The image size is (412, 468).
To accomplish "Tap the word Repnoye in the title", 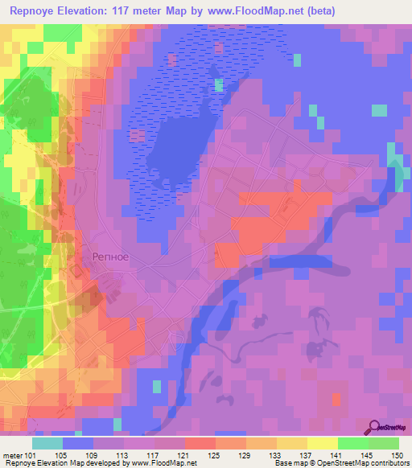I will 33,11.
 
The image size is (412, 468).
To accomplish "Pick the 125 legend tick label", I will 214,456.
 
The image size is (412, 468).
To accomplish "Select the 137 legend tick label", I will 306,456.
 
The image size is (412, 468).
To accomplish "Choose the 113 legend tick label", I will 122,456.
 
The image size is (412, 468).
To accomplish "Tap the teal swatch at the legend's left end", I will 47,443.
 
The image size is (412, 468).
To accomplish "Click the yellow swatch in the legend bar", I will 321,443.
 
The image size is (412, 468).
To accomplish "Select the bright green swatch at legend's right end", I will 383,443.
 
